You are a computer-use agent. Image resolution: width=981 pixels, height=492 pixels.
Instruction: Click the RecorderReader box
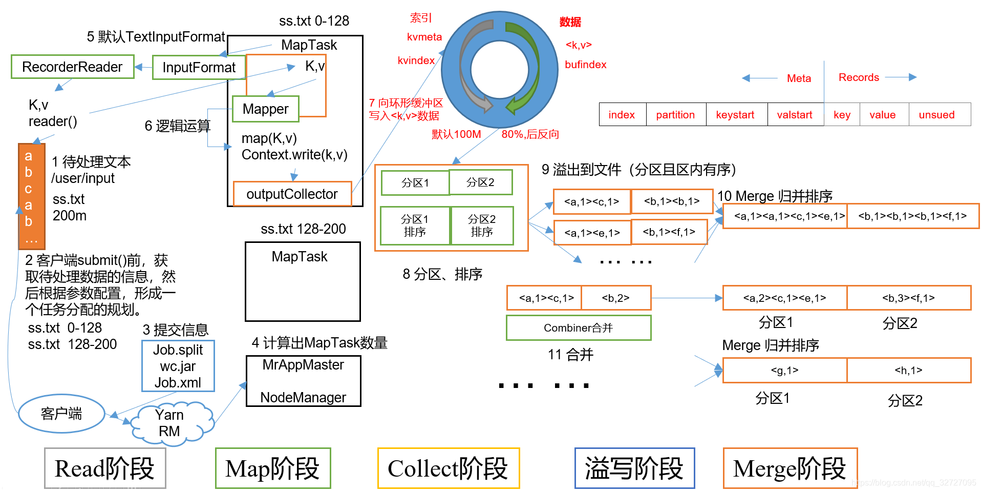pyautogui.click(x=72, y=67)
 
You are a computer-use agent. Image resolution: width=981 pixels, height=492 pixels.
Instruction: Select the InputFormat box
pyautogui.click(x=199, y=67)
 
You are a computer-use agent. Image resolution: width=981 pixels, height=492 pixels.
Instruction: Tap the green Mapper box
pyautogui.click(x=265, y=109)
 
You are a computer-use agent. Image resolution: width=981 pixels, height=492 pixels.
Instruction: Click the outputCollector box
pyautogui.click(x=292, y=194)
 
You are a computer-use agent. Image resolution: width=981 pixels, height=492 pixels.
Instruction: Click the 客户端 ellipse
pyautogui.click(x=61, y=414)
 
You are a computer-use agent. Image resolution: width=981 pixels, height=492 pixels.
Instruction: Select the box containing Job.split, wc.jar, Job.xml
pyautogui.click(x=178, y=366)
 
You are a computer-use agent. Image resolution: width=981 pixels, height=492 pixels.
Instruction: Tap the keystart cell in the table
pyautogui.click(x=735, y=115)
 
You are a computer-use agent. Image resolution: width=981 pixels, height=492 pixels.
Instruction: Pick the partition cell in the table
pyautogui.click(x=675, y=115)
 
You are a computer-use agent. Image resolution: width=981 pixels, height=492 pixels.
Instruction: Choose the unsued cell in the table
pyautogui.click(x=936, y=115)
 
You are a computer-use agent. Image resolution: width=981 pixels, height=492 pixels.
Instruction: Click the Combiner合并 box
pyautogui.click(x=578, y=328)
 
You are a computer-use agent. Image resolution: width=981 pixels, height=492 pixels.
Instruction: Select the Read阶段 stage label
pyautogui.click(x=105, y=468)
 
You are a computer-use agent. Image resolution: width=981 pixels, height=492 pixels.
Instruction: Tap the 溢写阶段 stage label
pyautogui.click(x=634, y=468)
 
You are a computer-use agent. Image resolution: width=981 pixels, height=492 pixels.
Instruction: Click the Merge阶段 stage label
pyautogui.click(x=790, y=468)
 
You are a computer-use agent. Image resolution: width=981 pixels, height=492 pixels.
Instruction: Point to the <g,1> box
pyautogui.click(x=784, y=371)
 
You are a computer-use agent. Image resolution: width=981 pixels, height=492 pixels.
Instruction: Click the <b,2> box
pyautogui.click(x=615, y=298)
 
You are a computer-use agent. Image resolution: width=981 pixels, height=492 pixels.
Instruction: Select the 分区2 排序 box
pyautogui.click(x=482, y=225)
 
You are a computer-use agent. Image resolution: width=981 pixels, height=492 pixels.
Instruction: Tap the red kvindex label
pyautogui.click(x=416, y=60)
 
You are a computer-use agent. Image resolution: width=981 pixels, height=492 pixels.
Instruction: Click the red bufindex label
pyautogui.click(x=585, y=65)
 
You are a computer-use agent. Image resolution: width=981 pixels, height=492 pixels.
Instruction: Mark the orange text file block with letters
pyautogui.click(x=31, y=196)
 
